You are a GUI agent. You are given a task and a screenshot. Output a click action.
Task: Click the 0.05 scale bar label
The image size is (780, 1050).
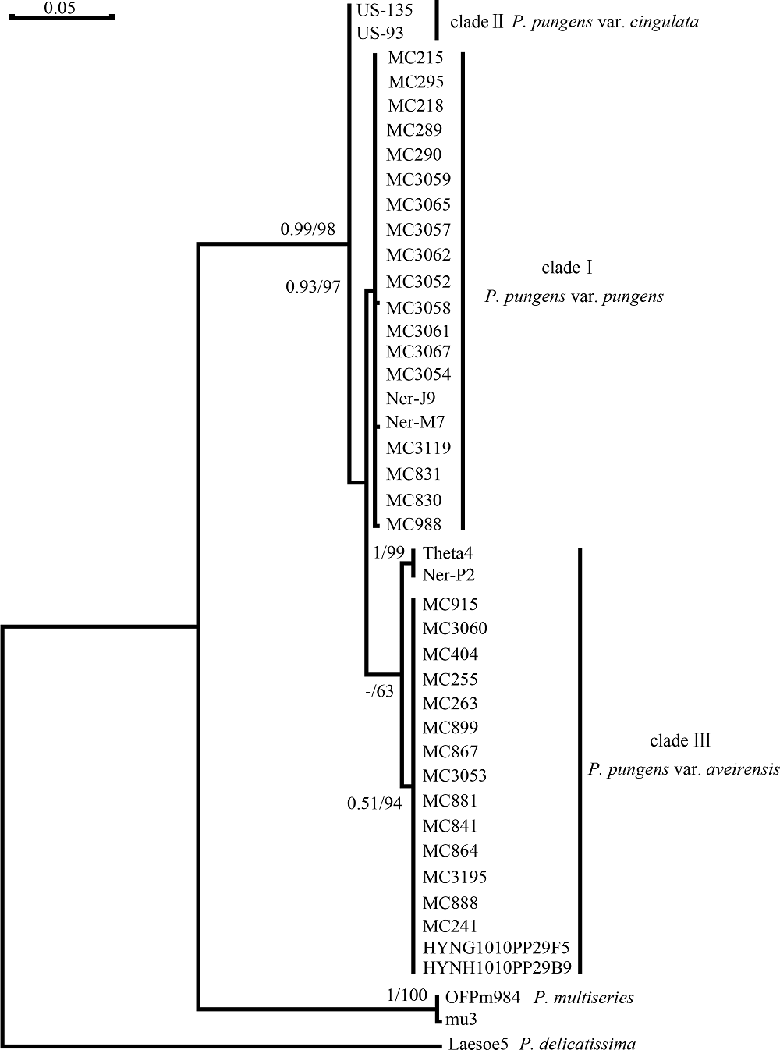pyautogui.click(x=59, y=8)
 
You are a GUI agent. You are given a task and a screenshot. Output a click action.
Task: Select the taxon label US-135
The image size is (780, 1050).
pyautogui.click(x=385, y=10)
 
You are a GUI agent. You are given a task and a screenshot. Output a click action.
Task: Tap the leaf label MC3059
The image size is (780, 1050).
pyautogui.click(x=418, y=179)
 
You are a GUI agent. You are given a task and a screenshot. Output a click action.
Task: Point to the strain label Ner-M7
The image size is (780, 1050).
pyautogui.click(x=415, y=422)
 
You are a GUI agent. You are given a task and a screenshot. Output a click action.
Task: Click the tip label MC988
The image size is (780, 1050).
pyautogui.click(x=413, y=524)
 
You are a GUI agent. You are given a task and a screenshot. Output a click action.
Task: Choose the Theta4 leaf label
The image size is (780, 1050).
pyautogui.click(x=447, y=553)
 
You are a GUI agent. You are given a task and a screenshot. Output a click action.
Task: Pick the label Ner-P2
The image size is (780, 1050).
pyautogui.click(x=448, y=575)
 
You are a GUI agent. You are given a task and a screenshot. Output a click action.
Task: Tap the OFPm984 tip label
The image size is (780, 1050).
pyautogui.click(x=483, y=998)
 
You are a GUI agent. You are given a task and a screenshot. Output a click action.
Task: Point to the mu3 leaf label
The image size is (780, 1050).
pyautogui.click(x=461, y=1020)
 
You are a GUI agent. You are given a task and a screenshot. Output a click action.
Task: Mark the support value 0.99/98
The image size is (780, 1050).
pyautogui.click(x=307, y=229)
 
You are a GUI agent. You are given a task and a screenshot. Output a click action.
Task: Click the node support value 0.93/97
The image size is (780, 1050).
pyautogui.click(x=313, y=286)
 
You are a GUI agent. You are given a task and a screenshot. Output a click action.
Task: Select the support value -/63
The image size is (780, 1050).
pyautogui.click(x=380, y=692)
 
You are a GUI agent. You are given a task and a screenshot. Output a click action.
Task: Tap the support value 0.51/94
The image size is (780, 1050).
pyautogui.click(x=374, y=803)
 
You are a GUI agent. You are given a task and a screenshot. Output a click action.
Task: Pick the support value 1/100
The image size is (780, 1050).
pyautogui.click(x=407, y=995)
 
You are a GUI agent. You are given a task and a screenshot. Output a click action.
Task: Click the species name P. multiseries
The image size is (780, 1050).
pyautogui.click(x=583, y=999)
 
